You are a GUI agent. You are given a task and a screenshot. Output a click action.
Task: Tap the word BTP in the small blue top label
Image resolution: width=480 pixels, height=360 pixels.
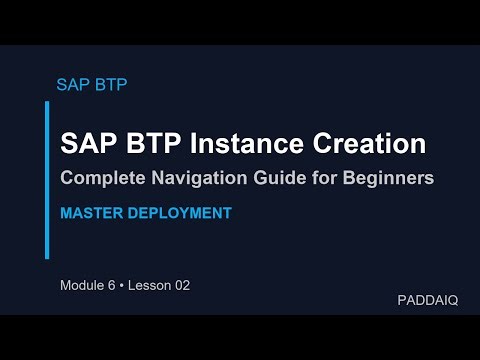tap(109, 84)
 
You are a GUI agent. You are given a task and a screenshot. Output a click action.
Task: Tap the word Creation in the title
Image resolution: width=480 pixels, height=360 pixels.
tap(371, 143)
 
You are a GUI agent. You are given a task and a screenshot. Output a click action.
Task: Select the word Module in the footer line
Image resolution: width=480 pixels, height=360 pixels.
tap(84, 285)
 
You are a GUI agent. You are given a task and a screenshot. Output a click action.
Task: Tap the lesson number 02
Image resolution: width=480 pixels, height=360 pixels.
tap(181, 285)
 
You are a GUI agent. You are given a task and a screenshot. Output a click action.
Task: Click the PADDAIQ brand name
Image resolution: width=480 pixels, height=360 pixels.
tap(427, 300)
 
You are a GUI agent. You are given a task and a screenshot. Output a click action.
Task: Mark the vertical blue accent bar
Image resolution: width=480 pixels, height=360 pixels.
tap(47, 180)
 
